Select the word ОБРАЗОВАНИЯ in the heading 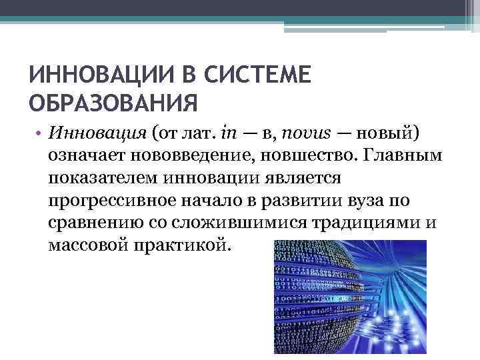click(113, 103)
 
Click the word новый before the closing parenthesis click(383, 132)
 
